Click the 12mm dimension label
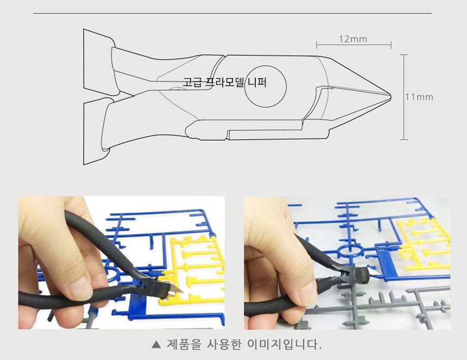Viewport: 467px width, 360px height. pyautogui.click(x=353, y=39)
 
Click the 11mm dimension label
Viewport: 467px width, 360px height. pyautogui.click(x=419, y=97)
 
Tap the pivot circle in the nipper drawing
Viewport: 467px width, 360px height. pyautogui.click(x=266, y=66)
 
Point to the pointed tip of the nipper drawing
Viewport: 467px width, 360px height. pyautogui.click(x=390, y=97)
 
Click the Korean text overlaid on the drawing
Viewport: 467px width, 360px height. pyautogui.click(x=225, y=82)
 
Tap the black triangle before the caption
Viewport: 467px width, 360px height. pyautogui.click(x=156, y=345)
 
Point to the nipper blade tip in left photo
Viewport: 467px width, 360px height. pyautogui.click(x=182, y=290)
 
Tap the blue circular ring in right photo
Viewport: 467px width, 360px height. pyautogui.click(x=348, y=245)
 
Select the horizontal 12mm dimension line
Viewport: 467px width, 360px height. pyautogui.click(x=354, y=45)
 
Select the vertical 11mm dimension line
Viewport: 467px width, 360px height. pyautogui.click(x=403, y=97)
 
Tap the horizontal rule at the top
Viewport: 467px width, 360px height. pyautogui.click(x=232, y=13)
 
